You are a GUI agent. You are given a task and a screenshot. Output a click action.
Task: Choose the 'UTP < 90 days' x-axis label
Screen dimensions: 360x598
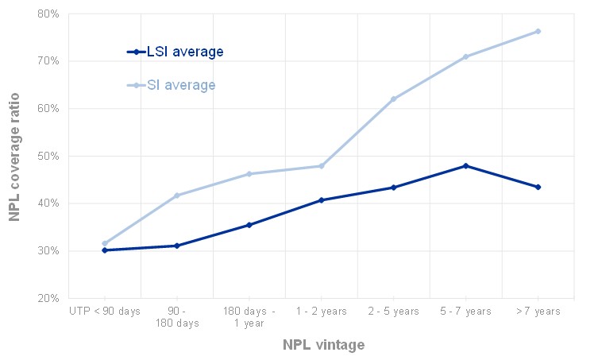pos(104,312)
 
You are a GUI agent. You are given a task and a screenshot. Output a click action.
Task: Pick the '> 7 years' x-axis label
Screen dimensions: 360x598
pos(538,312)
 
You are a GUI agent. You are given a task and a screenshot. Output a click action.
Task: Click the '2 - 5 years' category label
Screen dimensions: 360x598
pos(393,312)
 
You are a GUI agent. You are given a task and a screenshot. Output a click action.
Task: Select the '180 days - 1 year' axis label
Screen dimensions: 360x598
pos(249,317)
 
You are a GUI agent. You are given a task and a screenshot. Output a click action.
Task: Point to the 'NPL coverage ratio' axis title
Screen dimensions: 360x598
pos(14,156)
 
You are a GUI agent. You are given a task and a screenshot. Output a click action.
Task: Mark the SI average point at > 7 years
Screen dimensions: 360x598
pos(538,31)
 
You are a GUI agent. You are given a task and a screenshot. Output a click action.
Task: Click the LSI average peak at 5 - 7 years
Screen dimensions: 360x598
pos(465,165)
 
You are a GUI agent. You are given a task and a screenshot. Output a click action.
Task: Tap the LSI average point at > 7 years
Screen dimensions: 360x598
pos(538,187)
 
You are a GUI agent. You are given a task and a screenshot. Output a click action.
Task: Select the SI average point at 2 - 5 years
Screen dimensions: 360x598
pos(393,99)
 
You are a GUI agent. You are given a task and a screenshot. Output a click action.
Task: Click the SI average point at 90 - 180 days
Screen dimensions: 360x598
pos(176,195)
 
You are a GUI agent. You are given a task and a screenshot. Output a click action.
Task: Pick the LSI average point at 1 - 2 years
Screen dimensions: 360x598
pos(321,200)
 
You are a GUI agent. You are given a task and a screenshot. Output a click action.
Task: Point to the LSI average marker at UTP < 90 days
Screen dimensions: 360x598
pos(104,250)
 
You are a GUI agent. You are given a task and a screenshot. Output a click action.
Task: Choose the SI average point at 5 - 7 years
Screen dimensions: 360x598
pos(465,56)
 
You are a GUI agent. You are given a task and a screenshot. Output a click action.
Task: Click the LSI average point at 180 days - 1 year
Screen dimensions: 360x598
pos(249,225)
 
